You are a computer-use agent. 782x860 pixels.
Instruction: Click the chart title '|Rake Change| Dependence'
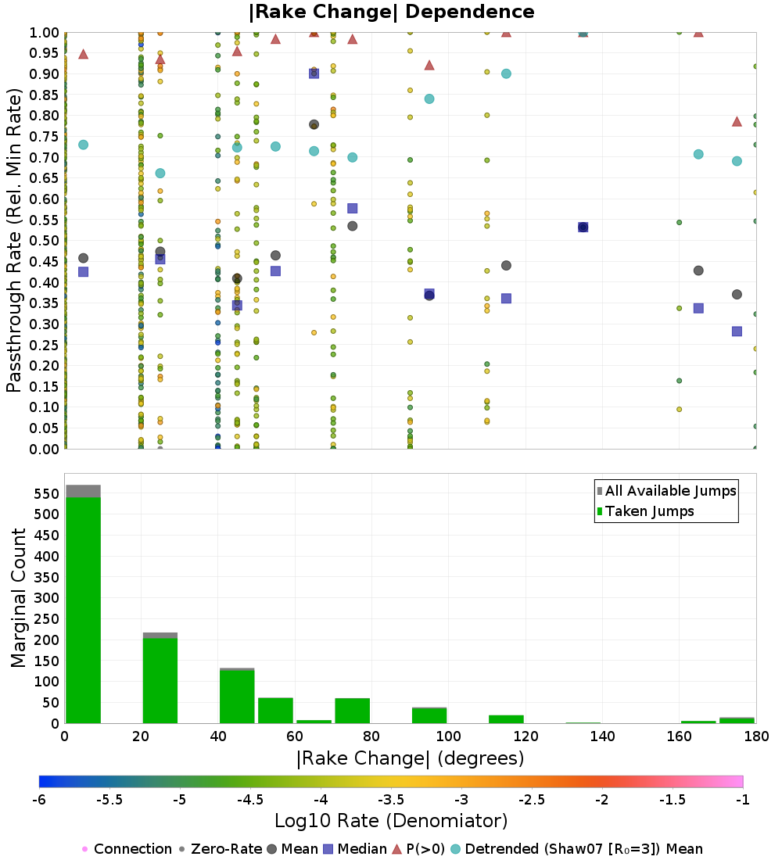coord(391,12)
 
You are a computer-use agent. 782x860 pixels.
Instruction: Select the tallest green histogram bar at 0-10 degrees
coord(83,610)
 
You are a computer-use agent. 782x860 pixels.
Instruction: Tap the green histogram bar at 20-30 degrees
coord(160,680)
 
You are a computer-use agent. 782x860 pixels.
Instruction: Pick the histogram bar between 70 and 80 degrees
coord(352,711)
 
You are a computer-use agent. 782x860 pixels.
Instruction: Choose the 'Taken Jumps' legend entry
coord(645,511)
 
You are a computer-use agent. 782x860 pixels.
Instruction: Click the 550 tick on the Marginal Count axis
coord(46,493)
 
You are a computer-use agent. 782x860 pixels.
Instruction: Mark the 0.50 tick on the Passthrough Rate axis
coord(46,241)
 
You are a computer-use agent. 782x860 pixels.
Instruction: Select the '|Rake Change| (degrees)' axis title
coord(410,758)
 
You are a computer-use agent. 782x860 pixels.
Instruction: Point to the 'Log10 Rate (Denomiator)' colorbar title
coord(391,821)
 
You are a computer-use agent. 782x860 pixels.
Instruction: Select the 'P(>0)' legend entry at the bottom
coord(425,849)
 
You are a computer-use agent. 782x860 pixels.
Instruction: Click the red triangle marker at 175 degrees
coord(737,121)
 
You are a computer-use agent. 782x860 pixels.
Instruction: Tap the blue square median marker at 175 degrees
coord(737,331)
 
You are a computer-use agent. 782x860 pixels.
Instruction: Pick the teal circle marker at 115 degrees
coord(506,73)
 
